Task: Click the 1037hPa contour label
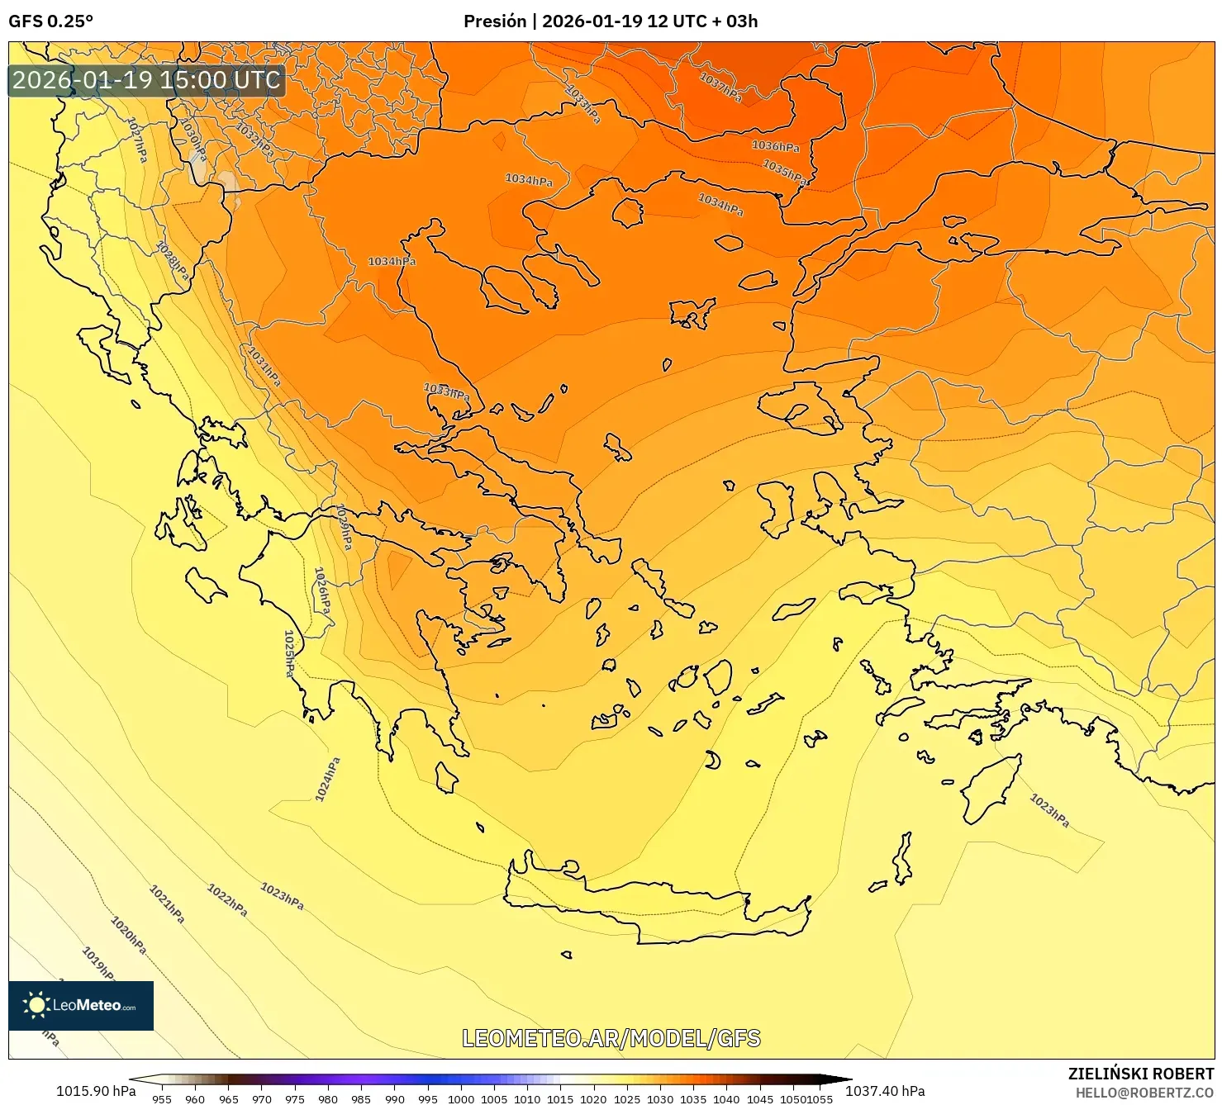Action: pos(720,87)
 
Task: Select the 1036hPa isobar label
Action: pos(775,146)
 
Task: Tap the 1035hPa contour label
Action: pos(783,172)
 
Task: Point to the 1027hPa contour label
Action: pos(137,139)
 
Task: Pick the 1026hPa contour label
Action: pos(322,590)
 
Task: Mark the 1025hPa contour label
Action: pos(289,653)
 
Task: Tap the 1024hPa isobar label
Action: pos(327,779)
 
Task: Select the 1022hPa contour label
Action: pos(227,900)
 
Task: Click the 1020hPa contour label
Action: pos(129,935)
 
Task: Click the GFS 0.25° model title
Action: pos(51,21)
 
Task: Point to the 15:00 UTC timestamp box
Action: pos(147,80)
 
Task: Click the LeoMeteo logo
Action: pos(81,1005)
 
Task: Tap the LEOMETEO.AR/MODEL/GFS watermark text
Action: pos(611,1038)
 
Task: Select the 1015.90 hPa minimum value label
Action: pos(96,1091)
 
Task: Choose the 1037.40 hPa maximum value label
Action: pos(885,1091)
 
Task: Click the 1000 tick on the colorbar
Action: pos(460,1099)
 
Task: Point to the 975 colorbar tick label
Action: pos(295,1099)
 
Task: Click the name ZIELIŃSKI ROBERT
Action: pos(1141,1074)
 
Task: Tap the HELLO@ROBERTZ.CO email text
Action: pos(1144,1093)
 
